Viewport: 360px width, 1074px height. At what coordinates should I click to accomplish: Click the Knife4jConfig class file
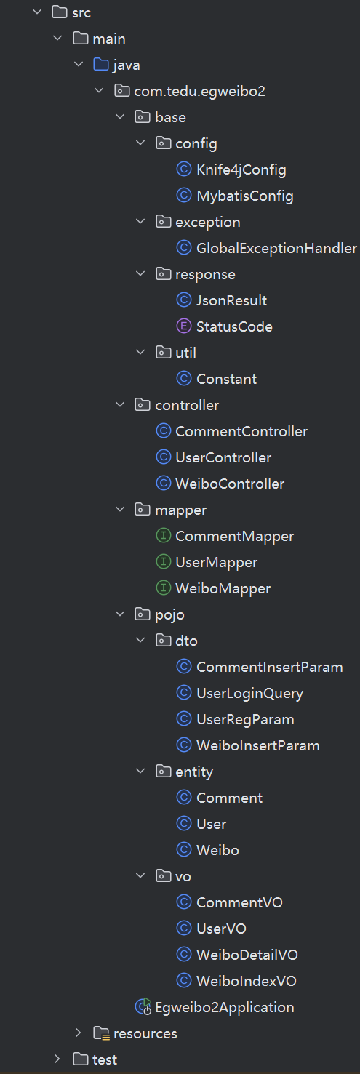point(241,169)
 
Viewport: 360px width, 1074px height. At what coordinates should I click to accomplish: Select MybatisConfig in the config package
point(245,196)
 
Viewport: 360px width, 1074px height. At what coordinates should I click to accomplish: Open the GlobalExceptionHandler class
point(276,248)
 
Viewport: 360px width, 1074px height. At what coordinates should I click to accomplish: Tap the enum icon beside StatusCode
point(184,326)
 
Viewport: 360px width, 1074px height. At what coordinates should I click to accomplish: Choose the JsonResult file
point(231,300)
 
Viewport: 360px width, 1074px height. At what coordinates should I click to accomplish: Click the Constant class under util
point(227,380)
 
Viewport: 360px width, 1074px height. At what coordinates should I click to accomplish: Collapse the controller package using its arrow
point(120,405)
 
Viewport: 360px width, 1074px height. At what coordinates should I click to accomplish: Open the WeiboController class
point(230,484)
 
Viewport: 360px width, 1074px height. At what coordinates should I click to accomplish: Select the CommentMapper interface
point(234,537)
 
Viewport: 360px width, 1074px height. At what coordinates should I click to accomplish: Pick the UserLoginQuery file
point(249,693)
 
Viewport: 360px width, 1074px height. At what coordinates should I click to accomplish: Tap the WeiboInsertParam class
point(258,745)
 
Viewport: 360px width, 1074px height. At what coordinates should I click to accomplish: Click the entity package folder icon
point(164,771)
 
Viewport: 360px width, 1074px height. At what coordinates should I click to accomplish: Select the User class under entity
point(212,824)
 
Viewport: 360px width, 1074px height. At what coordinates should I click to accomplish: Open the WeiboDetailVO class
point(247,955)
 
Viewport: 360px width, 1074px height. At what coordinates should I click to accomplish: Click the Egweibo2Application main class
point(224,1007)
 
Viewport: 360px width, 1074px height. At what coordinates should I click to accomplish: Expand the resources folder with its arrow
point(78,1033)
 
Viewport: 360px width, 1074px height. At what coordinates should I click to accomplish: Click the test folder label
point(105,1059)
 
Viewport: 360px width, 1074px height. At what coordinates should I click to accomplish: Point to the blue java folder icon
point(100,64)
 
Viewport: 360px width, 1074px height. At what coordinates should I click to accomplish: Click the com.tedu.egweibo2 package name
point(199,91)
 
